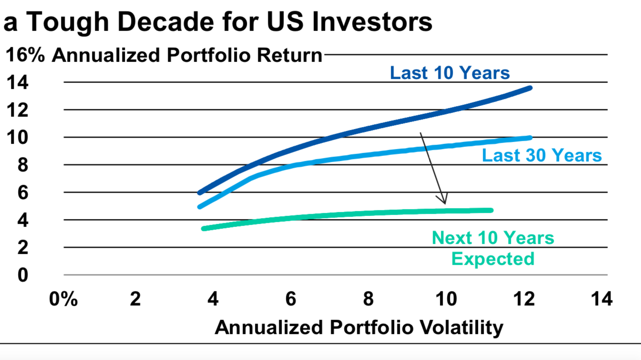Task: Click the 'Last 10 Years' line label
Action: click(x=449, y=73)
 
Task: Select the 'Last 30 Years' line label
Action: click(x=542, y=155)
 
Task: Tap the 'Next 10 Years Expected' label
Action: click(x=493, y=248)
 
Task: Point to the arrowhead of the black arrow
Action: click(x=444, y=202)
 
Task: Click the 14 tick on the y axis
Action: click(x=17, y=82)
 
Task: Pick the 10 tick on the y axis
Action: click(x=17, y=138)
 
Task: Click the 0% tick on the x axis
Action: click(x=63, y=300)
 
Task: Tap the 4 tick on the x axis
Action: click(x=213, y=300)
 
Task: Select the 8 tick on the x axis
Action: click(x=368, y=300)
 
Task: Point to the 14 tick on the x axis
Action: click(x=600, y=300)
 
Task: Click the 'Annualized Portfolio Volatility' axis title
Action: click(x=359, y=328)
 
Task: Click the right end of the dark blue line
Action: click(x=530, y=88)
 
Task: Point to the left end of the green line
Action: click(x=204, y=228)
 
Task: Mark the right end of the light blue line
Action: click(x=530, y=138)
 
